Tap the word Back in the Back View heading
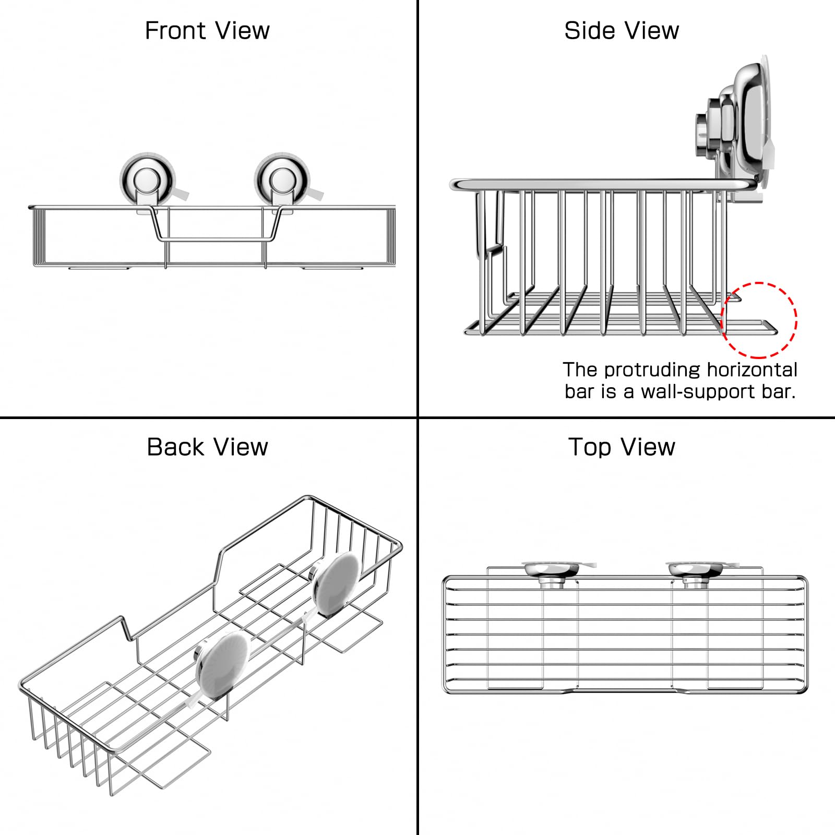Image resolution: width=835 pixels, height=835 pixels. (176, 447)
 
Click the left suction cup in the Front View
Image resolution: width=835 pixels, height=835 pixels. (148, 181)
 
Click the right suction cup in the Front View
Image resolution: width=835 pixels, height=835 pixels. (282, 181)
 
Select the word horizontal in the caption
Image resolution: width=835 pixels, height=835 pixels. (752, 369)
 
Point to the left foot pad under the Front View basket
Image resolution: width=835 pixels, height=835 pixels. (99, 268)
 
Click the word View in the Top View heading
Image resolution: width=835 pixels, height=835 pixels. (647, 447)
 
